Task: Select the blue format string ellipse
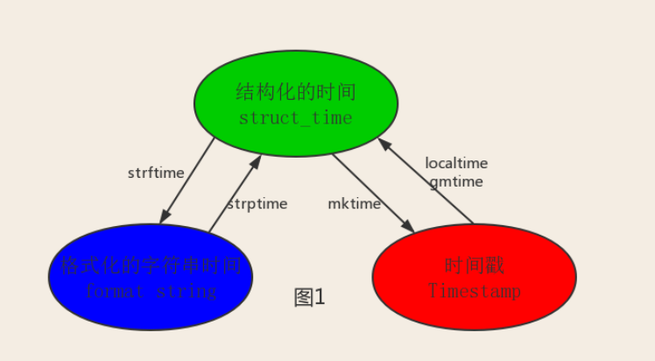[150, 306]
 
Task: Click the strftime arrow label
[156, 173]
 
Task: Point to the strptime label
[257, 203]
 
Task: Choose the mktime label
[354, 203]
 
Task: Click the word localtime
[456, 163]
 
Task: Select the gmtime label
[455, 181]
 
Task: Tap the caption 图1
[309, 298]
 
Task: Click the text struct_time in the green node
[295, 117]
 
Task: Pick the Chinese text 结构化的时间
[296, 92]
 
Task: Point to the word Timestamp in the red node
[474, 290]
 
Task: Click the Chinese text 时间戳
[474, 265]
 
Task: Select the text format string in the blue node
[150, 290]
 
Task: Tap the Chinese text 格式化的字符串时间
[150, 265]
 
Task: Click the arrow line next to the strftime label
[187, 180]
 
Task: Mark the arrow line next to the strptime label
[235, 194]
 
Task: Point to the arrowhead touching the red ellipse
[409, 227]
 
